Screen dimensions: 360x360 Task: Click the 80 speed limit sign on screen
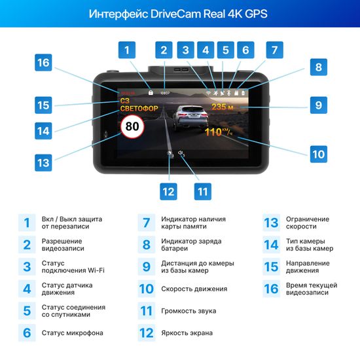pyautogui.click(x=133, y=126)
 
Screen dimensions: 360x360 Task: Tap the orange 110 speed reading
pyautogui.click(x=215, y=132)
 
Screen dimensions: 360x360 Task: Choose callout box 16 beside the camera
pyautogui.click(x=43, y=63)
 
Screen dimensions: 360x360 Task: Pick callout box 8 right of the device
pyautogui.click(x=317, y=67)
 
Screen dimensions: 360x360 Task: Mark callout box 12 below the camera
pyautogui.click(x=170, y=191)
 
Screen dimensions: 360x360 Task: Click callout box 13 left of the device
pyautogui.click(x=43, y=162)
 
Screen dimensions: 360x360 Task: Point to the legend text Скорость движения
pyautogui.click(x=194, y=289)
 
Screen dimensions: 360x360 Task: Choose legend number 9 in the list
pyautogui.click(x=146, y=266)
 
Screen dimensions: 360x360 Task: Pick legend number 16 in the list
pyautogui.click(x=271, y=289)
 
